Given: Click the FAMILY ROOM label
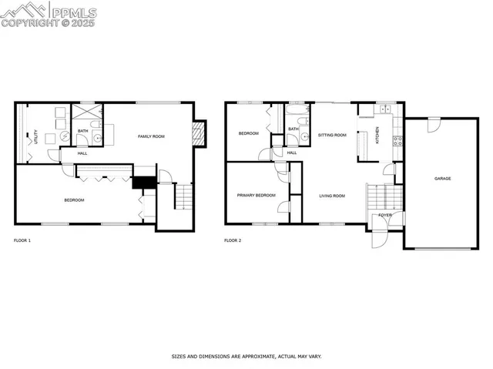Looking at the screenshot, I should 151,136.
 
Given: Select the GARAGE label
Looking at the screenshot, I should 442,179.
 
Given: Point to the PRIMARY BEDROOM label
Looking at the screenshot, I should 256,196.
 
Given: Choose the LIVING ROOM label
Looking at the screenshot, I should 332,196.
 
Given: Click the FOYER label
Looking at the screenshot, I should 384,215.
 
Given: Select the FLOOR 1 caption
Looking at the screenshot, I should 22,240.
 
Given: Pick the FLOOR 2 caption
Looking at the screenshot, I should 233,240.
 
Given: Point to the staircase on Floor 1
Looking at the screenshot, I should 183,197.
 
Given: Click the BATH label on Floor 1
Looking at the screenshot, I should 82,132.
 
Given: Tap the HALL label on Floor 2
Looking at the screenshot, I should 292,153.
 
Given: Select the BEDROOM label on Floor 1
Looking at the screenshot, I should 74,200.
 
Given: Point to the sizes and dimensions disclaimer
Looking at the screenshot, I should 246,357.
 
